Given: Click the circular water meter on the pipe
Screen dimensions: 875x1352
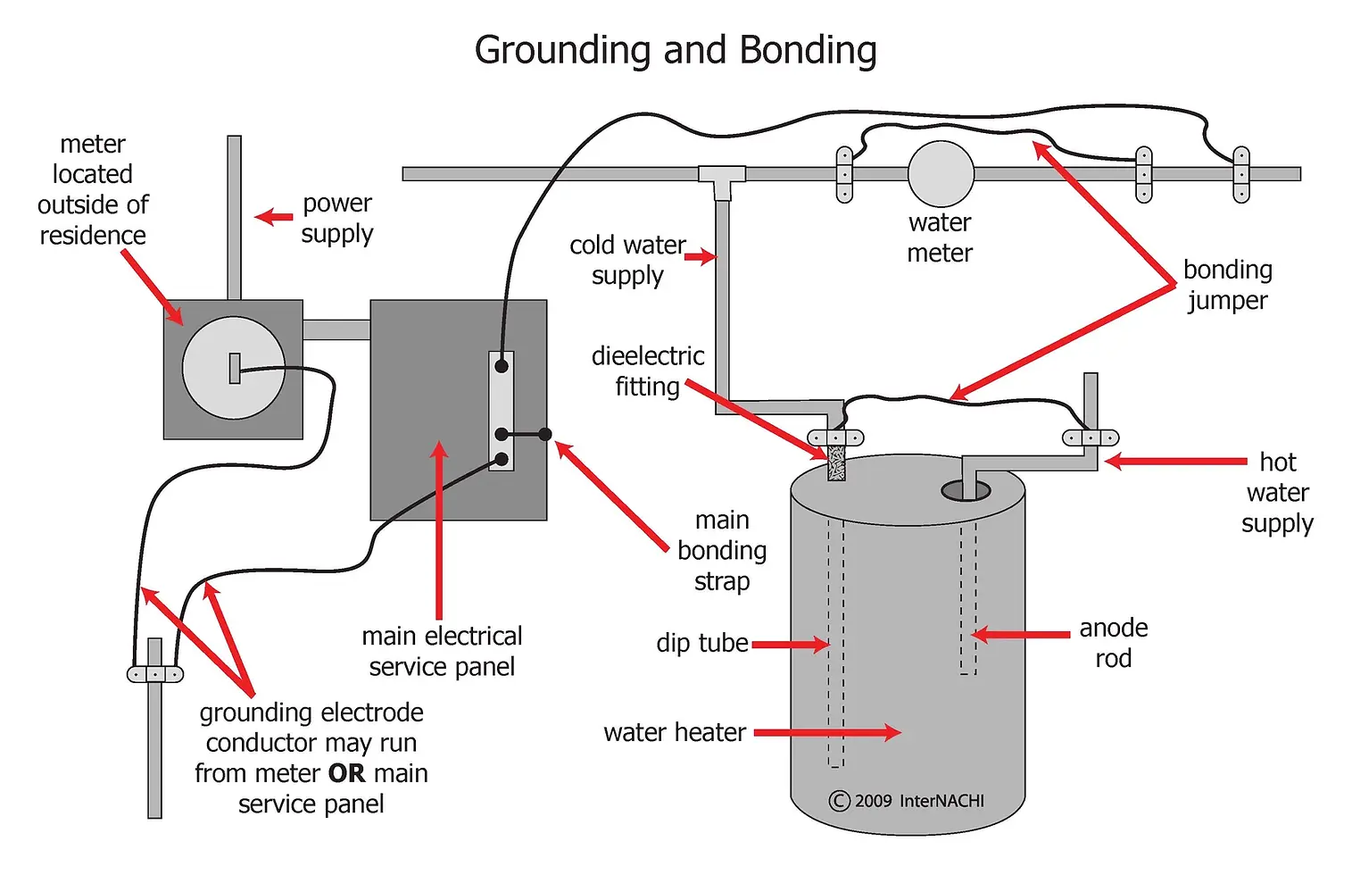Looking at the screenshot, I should (941, 174).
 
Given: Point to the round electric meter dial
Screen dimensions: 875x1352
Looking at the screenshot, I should (234, 368).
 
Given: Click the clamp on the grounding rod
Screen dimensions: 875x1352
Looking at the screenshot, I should (155, 674).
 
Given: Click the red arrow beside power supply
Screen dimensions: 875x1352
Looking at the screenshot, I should (274, 217).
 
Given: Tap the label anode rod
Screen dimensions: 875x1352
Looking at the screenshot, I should (1113, 643).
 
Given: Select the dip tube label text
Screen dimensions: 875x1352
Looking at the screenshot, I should (701, 643).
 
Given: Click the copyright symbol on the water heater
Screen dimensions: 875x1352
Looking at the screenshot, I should (839, 801).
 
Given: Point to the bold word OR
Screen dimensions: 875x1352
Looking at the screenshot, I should (346, 773).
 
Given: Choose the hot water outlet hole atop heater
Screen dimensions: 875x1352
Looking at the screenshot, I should (966, 490).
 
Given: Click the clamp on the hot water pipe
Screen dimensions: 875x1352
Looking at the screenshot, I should (1090, 438).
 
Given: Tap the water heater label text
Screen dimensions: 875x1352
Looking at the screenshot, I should (675, 733).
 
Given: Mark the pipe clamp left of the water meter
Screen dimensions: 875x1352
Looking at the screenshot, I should (844, 175).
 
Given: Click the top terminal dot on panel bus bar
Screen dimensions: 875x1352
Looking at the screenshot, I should (502, 365).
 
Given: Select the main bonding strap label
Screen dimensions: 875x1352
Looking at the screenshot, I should (722, 551).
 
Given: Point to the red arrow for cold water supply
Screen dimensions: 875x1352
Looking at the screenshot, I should (701, 257).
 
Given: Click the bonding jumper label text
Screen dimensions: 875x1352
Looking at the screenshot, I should (1227, 285).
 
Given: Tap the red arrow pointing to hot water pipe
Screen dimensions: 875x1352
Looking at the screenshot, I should (1174, 462).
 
